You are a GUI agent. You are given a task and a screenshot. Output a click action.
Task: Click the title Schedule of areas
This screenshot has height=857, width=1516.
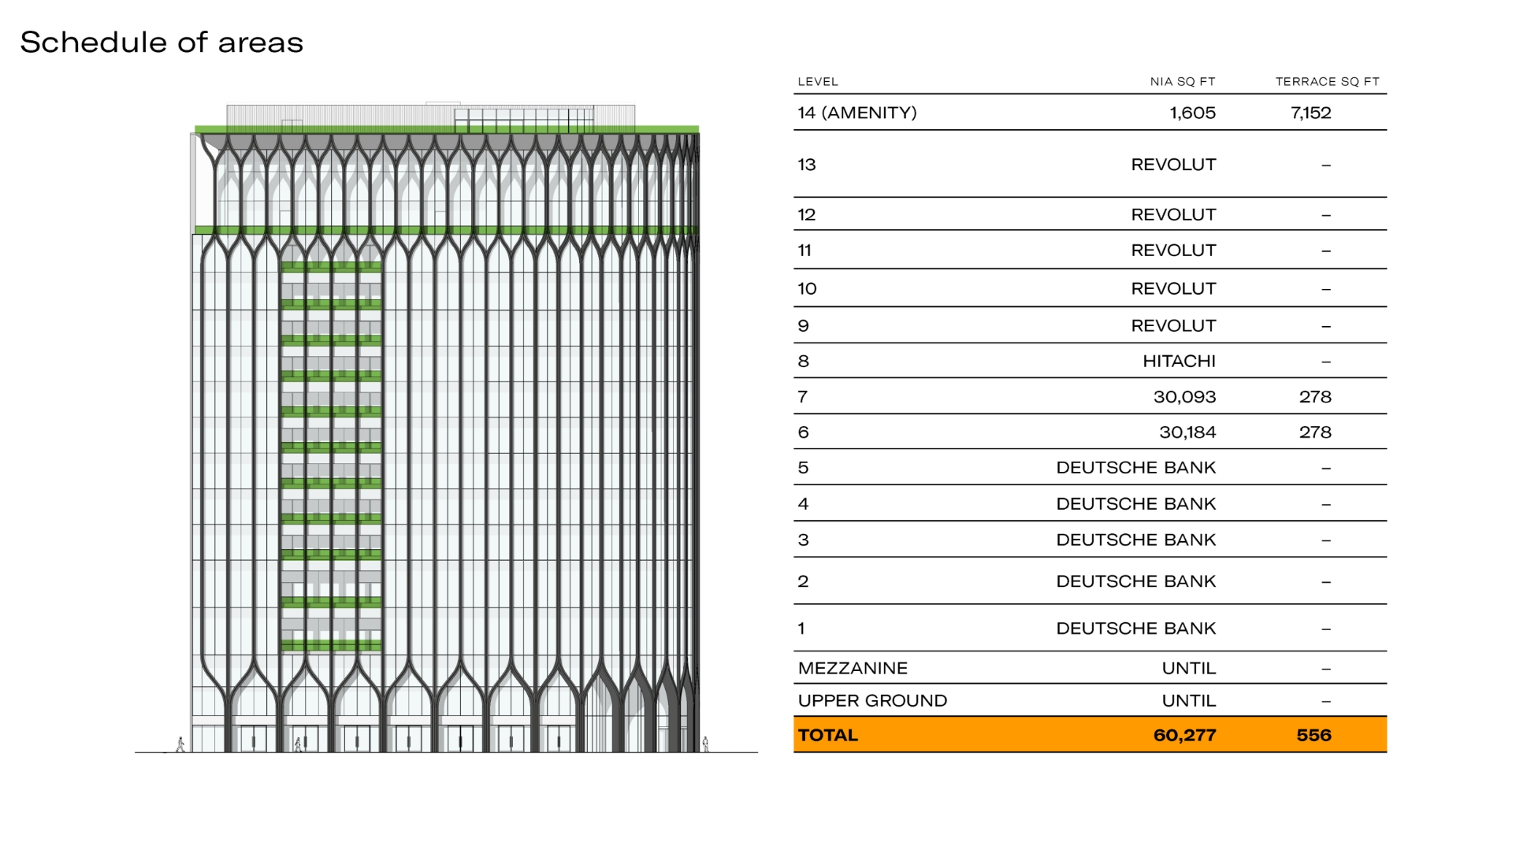coord(162,43)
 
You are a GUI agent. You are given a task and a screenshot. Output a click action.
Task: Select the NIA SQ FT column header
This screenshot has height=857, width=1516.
coord(1183,82)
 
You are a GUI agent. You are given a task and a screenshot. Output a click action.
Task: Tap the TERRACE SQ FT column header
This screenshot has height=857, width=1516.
coord(1328,82)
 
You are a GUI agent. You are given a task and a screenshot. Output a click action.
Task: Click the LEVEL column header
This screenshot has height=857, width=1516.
coord(818,82)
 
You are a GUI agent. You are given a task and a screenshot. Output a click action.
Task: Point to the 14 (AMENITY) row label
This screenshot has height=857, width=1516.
coord(857,113)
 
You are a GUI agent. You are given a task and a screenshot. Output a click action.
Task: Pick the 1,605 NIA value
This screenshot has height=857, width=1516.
coord(1193,113)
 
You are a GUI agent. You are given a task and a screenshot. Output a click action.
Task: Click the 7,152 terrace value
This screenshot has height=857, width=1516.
coord(1311,113)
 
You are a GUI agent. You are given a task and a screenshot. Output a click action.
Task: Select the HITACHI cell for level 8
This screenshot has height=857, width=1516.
coord(1180,362)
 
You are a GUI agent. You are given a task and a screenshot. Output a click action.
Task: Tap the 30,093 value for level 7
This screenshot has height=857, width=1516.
coord(1185,397)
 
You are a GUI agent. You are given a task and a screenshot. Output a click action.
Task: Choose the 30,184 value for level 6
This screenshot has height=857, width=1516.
coord(1187,432)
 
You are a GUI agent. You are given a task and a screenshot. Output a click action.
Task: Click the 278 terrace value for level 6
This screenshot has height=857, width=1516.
coord(1315,432)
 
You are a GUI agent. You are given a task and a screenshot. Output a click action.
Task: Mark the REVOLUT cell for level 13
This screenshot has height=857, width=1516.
coord(1174,165)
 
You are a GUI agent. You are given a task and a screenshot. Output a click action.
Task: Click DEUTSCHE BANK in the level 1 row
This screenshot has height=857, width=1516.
coord(1136,629)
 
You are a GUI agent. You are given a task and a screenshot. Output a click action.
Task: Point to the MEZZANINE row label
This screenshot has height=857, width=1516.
coord(853,669)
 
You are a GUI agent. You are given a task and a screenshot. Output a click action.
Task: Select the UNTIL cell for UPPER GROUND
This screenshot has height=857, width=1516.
coord(1189,701)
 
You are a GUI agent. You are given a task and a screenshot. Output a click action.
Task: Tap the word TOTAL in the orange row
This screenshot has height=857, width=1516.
coord(827,736)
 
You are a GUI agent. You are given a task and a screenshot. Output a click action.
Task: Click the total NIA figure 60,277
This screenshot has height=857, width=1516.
coord(1185,736)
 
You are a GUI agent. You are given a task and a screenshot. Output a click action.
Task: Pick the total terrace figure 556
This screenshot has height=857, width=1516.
coord(1314,736)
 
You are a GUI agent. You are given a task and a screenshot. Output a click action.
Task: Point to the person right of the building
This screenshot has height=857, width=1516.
coord(705,744)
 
